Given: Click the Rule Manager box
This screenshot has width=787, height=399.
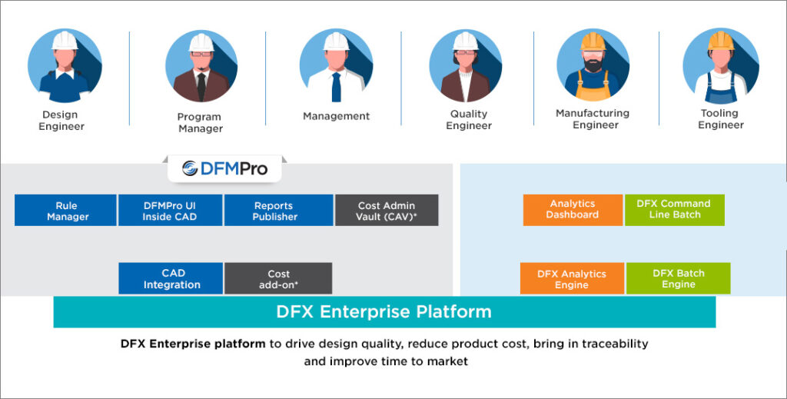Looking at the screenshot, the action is pos(66,211).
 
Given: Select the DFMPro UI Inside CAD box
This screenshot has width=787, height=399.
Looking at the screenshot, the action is pos(170,211).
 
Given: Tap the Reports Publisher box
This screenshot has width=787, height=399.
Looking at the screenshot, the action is pos(278,211).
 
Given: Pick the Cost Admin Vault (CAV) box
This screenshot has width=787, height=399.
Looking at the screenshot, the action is pos(387,211).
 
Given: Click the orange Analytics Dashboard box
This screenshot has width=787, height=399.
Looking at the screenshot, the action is pos(573,210).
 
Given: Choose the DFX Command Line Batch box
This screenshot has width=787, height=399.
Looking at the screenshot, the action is pos(675,210).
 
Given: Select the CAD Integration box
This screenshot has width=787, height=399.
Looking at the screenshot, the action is pos(171,278).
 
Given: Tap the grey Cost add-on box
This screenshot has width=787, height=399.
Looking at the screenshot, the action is pos(278,278).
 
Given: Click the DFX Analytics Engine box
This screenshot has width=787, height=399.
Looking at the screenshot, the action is pos(572,278).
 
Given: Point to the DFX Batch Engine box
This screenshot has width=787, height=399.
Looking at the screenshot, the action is pos(679,278).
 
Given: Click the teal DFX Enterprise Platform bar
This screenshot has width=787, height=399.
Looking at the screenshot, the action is pos(384,311).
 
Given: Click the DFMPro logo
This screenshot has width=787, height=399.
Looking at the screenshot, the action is pos(224,168).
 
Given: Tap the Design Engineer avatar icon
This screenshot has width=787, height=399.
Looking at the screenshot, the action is pos(65,66).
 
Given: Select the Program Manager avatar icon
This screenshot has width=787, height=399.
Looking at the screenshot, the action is pos(201,66).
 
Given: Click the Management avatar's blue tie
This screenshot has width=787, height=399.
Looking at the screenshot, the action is pos(337,86).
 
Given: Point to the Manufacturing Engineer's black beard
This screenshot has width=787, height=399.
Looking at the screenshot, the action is pos(593,65).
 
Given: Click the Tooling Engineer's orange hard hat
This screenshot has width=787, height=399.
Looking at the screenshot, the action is pos(721,41).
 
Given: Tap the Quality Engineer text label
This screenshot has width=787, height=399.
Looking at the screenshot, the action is pos(469,119).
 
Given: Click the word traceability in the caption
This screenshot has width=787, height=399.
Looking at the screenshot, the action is pos(615,344).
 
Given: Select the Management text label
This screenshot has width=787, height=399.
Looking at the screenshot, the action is pos(337,116).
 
